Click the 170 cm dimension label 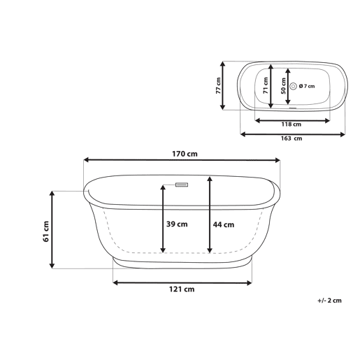click(185, 154)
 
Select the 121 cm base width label click(182, 289)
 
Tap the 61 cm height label click(46, 231)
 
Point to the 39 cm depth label click(177, 224)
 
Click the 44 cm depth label click(224, 224)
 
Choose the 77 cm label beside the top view click(218, 86)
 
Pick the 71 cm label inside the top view click(266, 85)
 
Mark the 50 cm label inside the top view click(283, 86)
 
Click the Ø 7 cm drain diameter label click(307, 86)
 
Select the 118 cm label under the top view click(291, 124)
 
